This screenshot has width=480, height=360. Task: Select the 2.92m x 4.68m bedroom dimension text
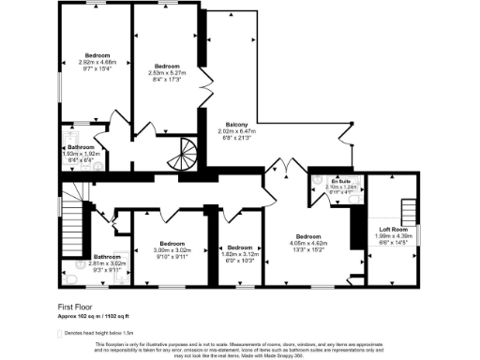tap(97, 62)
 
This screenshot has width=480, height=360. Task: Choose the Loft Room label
tap(391, 228)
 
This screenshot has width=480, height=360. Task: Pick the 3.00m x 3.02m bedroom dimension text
tap(172, 250)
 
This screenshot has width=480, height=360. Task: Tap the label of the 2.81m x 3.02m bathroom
tap(107, 257)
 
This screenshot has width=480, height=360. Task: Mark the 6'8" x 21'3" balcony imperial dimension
tap(236, 138)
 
